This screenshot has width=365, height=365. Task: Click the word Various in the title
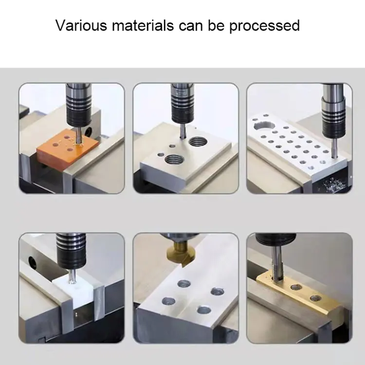(x=80, y=25)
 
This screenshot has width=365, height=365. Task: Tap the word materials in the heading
(x=141, y=25)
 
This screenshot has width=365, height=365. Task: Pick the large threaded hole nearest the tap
(x=197, y=142)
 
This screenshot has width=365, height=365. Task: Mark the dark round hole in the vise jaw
(x=33, y=263)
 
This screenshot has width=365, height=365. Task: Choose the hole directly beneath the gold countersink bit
(x=184, y=283)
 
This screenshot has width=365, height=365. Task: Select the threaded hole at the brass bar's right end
(x=314, y=297)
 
